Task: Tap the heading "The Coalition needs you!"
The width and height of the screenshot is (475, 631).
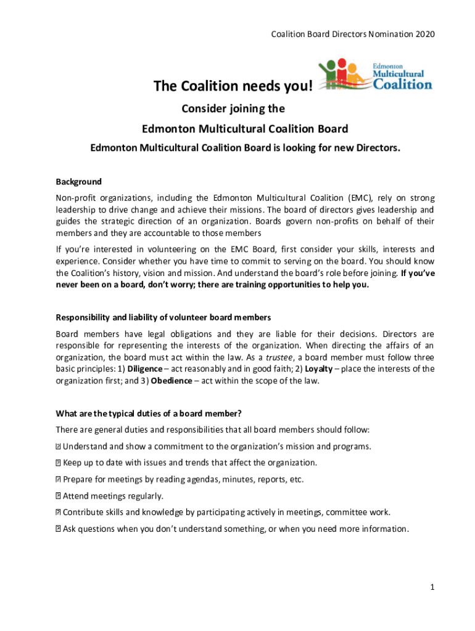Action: tap(233, 89)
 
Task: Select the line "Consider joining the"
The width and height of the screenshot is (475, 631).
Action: tap(233, 109)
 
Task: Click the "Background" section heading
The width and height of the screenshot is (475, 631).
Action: tap(78, 182)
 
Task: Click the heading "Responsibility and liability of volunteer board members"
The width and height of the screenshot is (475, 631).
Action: tap(163, 317)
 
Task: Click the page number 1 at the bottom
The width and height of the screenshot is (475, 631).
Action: tap(434, 588)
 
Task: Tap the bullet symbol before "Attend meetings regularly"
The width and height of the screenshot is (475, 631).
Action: tap(58, 495)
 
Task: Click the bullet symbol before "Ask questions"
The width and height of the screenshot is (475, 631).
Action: tap(58, 529)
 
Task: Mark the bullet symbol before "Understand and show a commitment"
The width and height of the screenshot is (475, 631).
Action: tap(58, 446)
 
